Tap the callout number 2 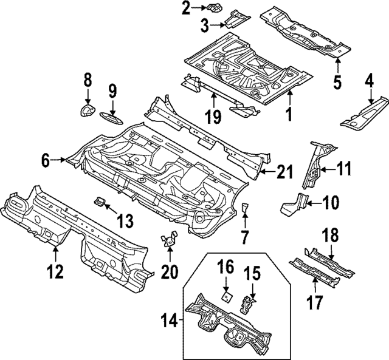tap(185, 8)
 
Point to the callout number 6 tap(45, 160)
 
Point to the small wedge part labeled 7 tap(244, 209)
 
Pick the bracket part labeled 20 tap(169, 240)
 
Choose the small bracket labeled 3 tap(235, 22)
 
